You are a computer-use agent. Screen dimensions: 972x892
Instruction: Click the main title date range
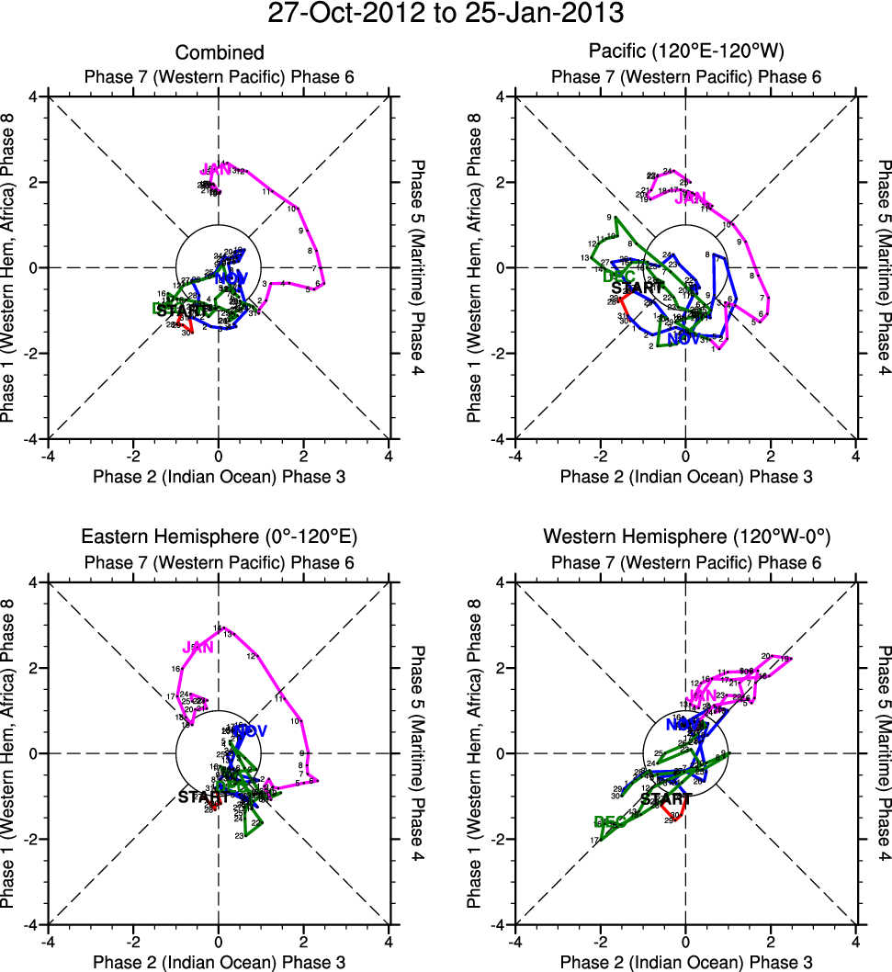(x=446, y=15)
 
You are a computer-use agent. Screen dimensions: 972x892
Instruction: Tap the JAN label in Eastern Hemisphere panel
(x=198, y=648)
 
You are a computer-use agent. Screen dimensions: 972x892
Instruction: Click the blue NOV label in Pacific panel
(x=684, y=364)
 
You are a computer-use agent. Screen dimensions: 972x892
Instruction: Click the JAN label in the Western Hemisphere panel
(x=702, y=695)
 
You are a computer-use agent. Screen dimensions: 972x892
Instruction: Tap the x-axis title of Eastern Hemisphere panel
(x=219, y=960)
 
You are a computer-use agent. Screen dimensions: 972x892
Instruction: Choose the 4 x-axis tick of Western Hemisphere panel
(x=855, y=940)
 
